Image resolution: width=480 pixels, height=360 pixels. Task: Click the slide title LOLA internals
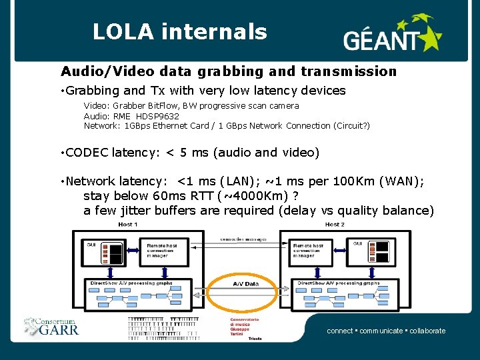(179, 31)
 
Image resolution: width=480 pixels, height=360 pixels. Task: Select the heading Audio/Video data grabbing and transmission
(229, 71)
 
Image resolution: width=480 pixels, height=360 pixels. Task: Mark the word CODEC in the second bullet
(87, 153)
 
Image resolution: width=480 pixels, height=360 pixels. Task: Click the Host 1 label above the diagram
(127, 225)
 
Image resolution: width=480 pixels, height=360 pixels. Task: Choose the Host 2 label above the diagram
(335, 225)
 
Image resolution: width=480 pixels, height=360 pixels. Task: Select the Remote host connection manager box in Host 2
(307, 250)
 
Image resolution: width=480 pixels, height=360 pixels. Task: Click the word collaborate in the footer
(427, 331)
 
